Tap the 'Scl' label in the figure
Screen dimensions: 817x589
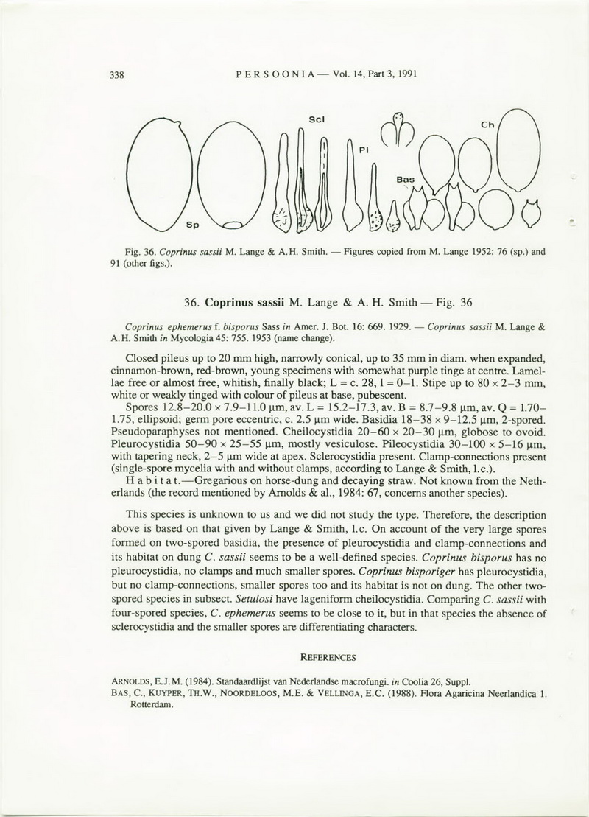(318, 119)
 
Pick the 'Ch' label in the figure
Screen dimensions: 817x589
(487, 126)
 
